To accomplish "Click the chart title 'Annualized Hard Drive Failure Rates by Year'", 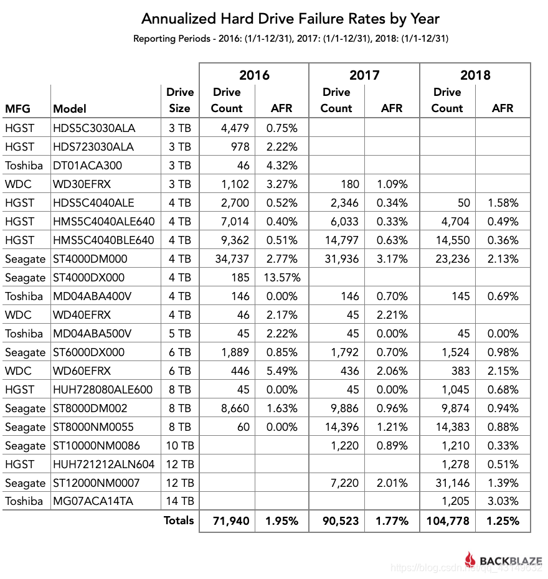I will (291, 19).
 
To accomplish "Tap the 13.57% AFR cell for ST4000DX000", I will (282, 278).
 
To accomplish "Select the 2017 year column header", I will (364, 75).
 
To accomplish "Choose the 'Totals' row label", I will (179, 520).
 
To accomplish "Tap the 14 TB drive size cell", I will (179, 502).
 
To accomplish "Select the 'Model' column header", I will (70, 108).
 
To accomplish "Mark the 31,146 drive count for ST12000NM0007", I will (450, 483).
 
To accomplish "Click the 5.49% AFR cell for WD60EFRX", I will (282, 371).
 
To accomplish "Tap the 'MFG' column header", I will (18, 108).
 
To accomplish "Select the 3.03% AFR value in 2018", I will (503, 502).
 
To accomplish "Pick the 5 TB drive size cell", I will (179, 334).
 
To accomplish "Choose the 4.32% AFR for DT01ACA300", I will (282, 166).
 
